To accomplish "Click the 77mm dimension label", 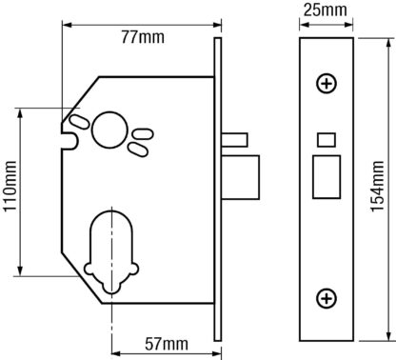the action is click(x=143, y=37).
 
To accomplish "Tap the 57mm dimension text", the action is click(x=167, y=344).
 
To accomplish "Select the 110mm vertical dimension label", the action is click(x=10, y=186).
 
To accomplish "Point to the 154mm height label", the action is click(x=378, y=187).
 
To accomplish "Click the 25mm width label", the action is click(x=326, y=10).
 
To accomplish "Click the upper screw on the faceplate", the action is click(x=327, y=84).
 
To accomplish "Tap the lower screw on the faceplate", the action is click(x=327, y=299).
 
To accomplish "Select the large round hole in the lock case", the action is click(x=109, y=130).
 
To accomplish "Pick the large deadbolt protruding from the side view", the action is click(x=241, y=177).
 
